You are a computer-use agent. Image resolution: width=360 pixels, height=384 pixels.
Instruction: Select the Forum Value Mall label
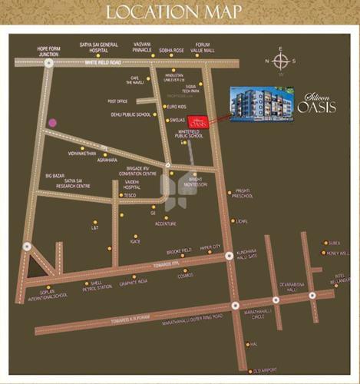click(202, 48)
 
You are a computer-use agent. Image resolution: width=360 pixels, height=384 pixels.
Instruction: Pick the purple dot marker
click(52, 122)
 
